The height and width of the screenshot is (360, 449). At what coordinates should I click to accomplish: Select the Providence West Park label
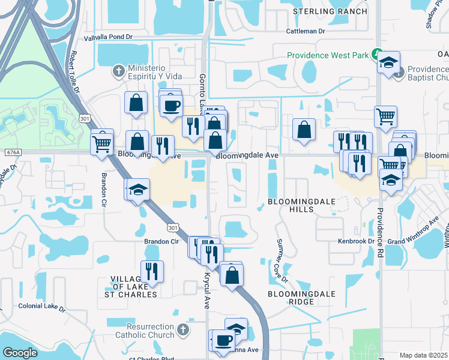tap(327, 55)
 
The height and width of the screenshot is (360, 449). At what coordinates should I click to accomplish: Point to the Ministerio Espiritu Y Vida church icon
tap(119, 71)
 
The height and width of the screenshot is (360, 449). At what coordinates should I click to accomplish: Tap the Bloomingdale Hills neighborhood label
tap(291, 205)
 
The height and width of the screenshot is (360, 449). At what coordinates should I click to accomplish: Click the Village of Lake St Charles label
tap(133, 287)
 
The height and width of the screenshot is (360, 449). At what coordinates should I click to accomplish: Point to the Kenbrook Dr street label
tap(356, 241)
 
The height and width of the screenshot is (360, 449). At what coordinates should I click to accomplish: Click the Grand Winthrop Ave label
tap(411, 241)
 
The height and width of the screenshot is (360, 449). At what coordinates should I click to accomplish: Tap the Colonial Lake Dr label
tap(41, 307)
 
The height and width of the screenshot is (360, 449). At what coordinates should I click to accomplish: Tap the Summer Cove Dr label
tap(282, 260)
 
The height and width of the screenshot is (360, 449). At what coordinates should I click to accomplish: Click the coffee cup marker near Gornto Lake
tap(171, 105)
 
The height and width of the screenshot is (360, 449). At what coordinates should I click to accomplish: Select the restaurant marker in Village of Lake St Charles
tap(152, 271)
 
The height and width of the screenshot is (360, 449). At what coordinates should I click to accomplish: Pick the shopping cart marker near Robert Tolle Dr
tap(101, 143)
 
